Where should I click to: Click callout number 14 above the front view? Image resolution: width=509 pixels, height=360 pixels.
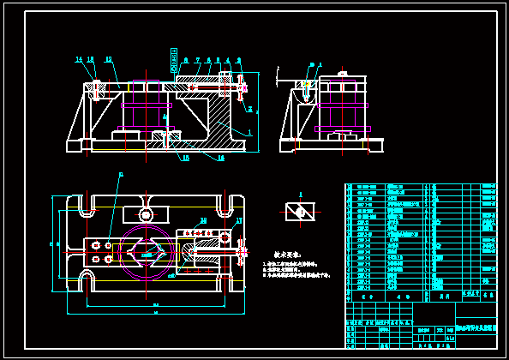coord(79,59)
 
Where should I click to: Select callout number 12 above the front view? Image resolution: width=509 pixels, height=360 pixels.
coord(109,59)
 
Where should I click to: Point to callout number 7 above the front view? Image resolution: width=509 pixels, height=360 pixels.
coord(197,60)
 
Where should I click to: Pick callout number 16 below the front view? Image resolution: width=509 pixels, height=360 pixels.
coord(220,158)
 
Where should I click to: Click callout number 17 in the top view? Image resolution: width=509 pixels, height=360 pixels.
coord(239,221)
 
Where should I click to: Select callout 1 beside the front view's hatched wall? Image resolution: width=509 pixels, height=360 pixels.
coord(249,133)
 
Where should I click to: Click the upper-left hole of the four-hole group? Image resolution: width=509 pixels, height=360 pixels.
coord(95,245)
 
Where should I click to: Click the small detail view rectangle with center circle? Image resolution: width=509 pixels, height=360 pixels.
coord(300,212)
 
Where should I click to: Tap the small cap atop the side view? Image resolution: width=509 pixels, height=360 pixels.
coord(344,74)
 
